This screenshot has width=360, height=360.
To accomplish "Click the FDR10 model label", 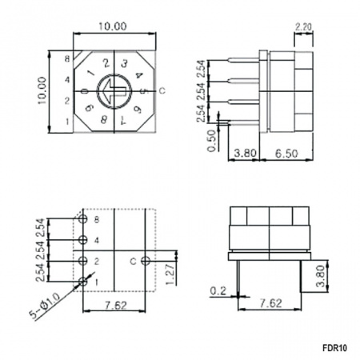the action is [x=334, y=348].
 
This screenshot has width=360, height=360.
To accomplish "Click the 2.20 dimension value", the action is [x=303, y=27].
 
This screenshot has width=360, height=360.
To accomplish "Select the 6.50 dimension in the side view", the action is [x=286, y=154].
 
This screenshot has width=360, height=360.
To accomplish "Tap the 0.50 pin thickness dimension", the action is [x=212, y=141].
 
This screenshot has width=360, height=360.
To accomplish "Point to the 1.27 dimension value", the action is [x=170, y=273].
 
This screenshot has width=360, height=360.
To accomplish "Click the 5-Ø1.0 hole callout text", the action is [x=46, y=306].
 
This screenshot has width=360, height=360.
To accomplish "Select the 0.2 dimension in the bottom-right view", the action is [x=218, y=291].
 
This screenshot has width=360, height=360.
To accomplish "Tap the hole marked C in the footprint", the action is [x=146, y=261].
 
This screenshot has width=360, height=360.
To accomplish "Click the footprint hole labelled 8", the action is [x=83, y=219].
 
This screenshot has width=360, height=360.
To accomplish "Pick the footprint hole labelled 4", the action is [x=83, y=240].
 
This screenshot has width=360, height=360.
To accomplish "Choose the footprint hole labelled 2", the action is [x=83, y=261].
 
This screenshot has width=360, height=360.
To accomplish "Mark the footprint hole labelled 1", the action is [x=83, y=282].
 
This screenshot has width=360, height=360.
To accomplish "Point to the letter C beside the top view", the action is [x=162, y=91].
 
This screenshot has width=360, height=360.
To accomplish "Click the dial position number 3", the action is [x=124, y=64].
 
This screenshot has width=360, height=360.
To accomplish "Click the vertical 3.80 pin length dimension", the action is [x=321, y=276].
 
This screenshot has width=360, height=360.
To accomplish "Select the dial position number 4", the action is [x=139, y=75].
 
